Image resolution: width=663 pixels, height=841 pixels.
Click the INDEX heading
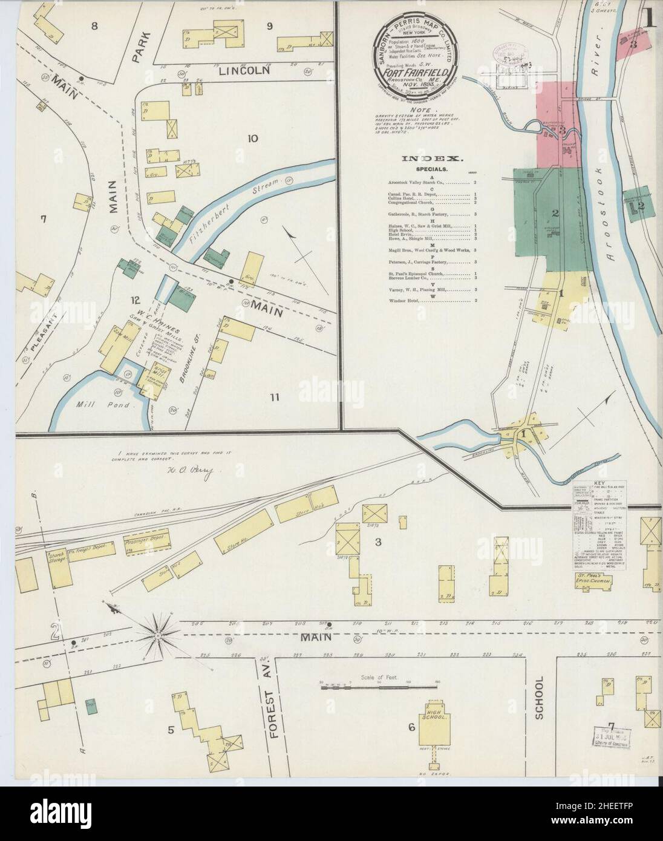click(432, 159)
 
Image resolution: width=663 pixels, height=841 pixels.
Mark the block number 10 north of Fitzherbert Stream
click(252, 139)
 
